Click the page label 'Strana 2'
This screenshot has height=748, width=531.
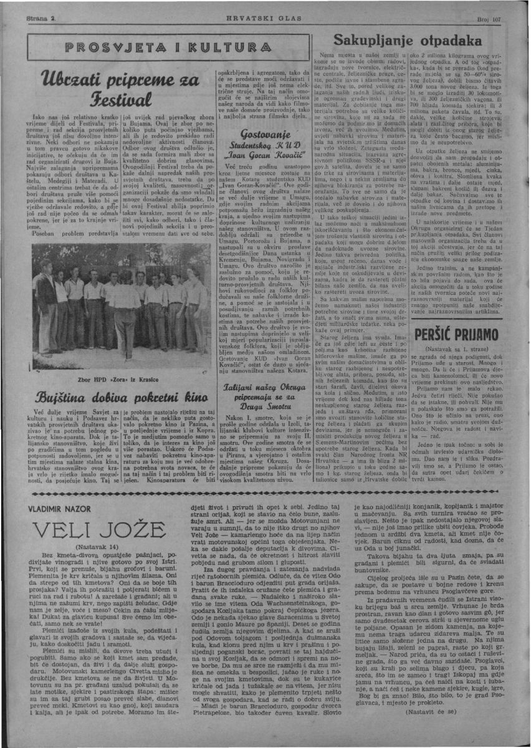tap(44, 20)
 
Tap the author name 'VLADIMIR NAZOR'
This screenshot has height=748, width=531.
tap(60, 509)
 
